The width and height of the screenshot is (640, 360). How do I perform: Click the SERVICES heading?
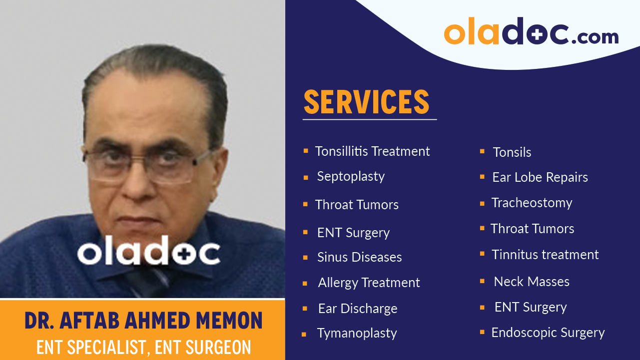(x=366, y=102)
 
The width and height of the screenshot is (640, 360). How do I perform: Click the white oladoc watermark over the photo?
(x=148, y=253)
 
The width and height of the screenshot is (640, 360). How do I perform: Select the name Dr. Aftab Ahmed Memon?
(x=143, y=321)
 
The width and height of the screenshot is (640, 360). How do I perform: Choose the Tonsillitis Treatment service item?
(x=372, y=151)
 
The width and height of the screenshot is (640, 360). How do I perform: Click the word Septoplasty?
(x=351, y=177)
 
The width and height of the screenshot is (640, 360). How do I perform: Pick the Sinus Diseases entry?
(x=359, y=257)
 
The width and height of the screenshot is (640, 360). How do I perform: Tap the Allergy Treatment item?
(x=369, y=283)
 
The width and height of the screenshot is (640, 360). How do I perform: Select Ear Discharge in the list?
(x=358, y=309)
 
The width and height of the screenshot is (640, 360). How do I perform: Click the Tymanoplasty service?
(x=357, y=334)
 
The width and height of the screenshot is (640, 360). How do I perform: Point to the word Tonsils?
(x=512, y=152)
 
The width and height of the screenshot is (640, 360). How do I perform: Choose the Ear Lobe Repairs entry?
(x=540, y=177)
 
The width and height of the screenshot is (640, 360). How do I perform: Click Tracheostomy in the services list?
(x=532, y=203)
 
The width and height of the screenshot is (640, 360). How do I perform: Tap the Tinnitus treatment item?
(x=545, y=255)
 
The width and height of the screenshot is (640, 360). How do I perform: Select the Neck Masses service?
(x=532, y=282)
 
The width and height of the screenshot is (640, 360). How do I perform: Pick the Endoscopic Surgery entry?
(x=548, y=333)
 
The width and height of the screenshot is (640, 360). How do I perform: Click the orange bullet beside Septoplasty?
(x=305, y=177)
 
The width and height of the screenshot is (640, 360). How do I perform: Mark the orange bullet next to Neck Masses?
(x=482, y=282)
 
